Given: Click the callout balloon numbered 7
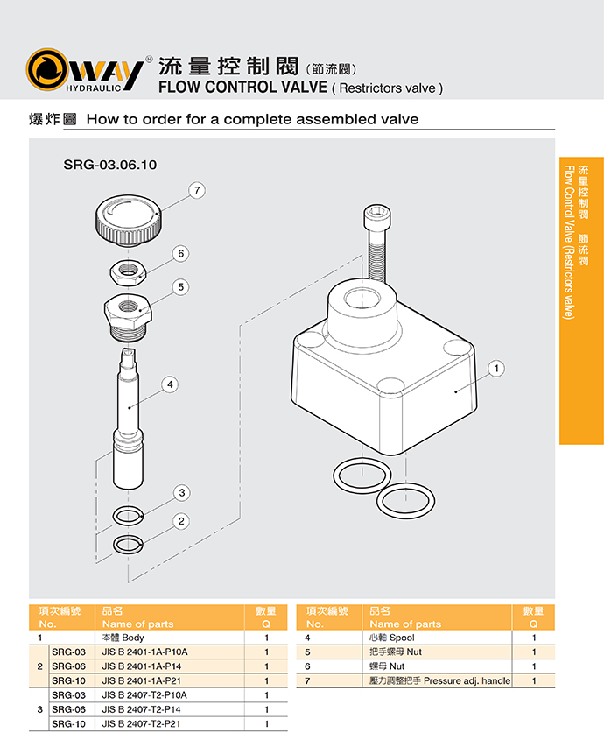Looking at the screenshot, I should (x=199, y=189).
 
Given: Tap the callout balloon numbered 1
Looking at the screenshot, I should (x=496, y=369).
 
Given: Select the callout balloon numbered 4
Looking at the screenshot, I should (x=170, y=384).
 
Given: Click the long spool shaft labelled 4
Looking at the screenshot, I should (x=128, y=412).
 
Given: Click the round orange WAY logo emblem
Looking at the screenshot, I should (x=49, y=70).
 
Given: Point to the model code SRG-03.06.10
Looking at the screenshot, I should (x=110, y=164).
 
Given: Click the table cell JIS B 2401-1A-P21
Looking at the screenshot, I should (x=145, y=680).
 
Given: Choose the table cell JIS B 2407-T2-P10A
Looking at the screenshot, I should (x=145, y=695).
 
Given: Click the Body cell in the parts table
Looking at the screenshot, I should (x=123, y=638).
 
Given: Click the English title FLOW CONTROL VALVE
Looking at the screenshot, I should (x=242, y=88).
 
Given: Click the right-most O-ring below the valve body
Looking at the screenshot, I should (x=405, y=502).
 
